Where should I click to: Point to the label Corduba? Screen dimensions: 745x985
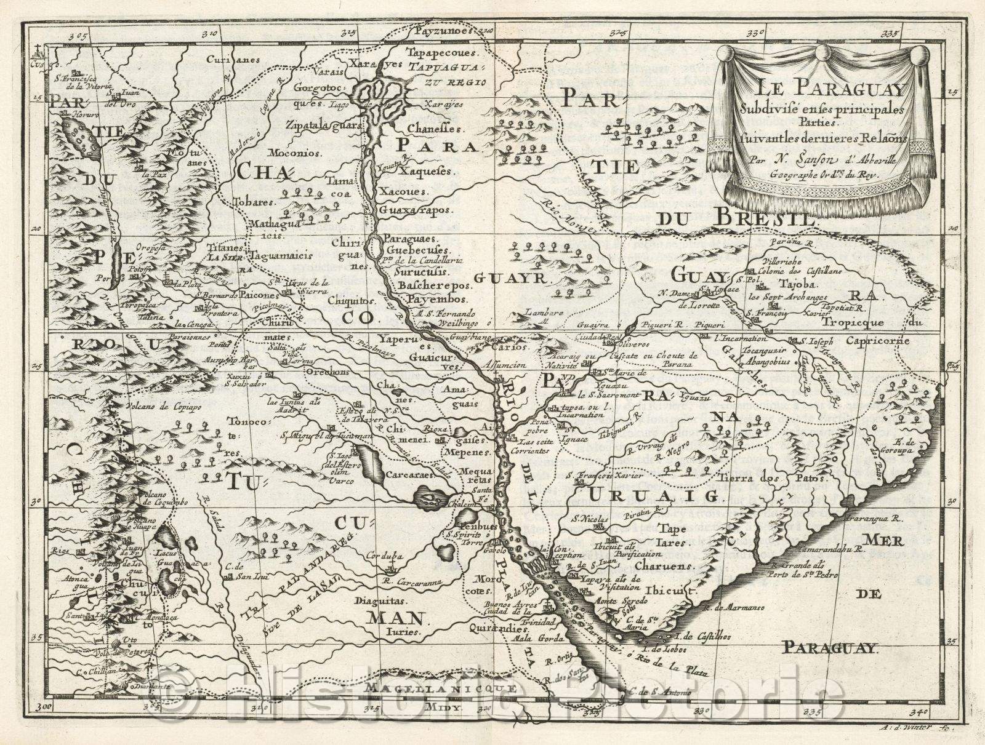384,556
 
